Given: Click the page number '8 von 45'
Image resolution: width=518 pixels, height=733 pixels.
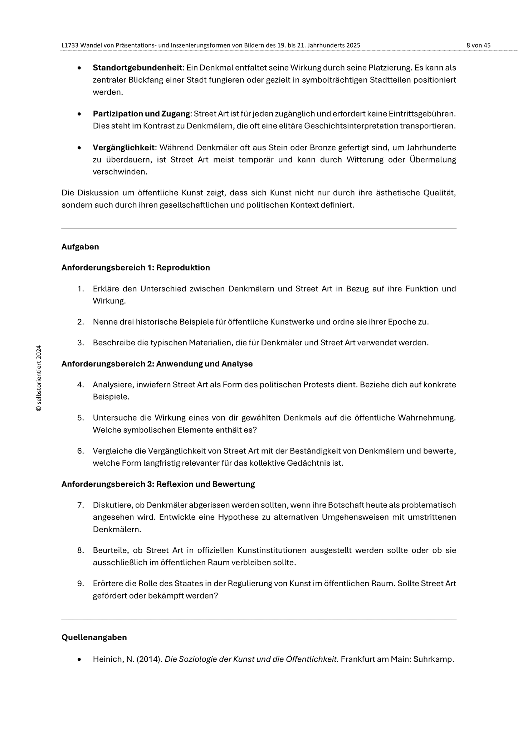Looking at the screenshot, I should (478, 45).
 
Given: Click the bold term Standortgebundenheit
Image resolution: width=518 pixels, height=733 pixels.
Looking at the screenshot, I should (138, 68).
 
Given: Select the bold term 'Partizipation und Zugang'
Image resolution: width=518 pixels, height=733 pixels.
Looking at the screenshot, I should (141, 114).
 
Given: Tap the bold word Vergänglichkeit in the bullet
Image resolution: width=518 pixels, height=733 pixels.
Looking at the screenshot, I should (124, 147).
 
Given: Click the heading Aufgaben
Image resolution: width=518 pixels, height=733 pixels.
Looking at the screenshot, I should (80, 247).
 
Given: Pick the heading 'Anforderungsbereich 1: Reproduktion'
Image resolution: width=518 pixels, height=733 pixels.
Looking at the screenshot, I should (136, 268).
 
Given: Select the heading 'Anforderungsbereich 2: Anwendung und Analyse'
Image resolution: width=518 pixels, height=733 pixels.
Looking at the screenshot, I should (157, 364).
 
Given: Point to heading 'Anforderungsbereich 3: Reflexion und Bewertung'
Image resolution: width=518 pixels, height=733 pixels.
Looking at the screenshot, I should (158, 484).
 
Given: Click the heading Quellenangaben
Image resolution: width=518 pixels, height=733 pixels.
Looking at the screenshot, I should (94, 637).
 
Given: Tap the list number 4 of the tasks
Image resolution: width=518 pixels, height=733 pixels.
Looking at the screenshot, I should (80, 385).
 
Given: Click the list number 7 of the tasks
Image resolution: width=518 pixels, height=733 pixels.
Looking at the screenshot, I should (80, 505).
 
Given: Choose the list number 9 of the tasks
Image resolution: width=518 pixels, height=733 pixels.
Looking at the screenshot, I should (80, 583).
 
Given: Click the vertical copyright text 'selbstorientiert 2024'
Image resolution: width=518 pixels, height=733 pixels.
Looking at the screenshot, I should (39, 378).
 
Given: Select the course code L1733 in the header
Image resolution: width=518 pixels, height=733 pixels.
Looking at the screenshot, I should (70, 45).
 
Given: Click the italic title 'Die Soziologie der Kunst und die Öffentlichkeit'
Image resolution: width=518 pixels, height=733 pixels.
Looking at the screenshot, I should (250, 659).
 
